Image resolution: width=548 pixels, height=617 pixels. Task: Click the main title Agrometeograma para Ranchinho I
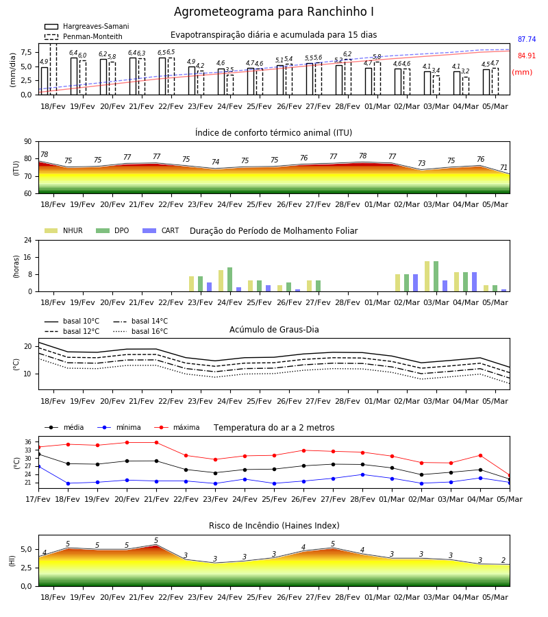click(x=273, y=12)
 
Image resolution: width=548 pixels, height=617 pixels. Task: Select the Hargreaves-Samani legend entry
click(x=86, y=26)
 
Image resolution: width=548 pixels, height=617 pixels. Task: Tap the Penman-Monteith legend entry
click(x=84, y=36)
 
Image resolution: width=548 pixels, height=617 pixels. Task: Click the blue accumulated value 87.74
click(x=527, y=39)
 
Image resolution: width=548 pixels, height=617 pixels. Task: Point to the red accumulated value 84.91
click(x=527, y=56)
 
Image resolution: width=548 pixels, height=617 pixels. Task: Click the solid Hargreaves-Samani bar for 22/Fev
click(x=162, y=76)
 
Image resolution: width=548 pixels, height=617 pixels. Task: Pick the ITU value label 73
click(x=422, y=163)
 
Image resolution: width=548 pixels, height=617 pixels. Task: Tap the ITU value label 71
click(x=503, y=168)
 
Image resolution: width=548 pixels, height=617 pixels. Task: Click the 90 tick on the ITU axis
click(x=28, y=142)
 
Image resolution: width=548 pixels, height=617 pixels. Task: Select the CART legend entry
click(x=161, y=230)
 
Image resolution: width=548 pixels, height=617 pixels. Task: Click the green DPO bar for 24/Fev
click(x=230, y=280)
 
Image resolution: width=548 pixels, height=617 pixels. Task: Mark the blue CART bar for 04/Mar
click(x=475, y=282)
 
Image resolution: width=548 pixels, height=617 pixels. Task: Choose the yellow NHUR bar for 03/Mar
click(x=427, y=277)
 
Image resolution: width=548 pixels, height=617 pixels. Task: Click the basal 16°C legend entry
click(x=140, y=331)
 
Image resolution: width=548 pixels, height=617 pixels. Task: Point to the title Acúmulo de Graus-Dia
click(x=274, y=330)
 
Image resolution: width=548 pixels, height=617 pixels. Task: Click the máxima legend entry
click(x=177, y=427)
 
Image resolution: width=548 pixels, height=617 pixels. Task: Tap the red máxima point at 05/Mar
click(x=510, y=476)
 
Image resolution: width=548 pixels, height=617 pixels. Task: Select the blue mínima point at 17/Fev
click(x=38, y=467)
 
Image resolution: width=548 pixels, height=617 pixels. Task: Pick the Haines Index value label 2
click(x=503, y=560)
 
